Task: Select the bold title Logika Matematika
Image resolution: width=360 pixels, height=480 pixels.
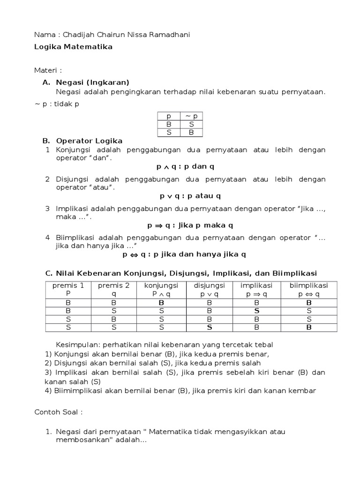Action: (x=74, y=47)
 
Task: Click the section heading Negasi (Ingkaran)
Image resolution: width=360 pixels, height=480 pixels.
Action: (x=92, y=82)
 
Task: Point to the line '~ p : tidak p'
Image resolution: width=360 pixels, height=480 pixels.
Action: (x=57, y=104)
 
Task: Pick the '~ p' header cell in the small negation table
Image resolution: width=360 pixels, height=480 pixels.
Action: (x=192, y=116)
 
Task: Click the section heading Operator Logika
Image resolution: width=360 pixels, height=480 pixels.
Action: (x=89, y=141)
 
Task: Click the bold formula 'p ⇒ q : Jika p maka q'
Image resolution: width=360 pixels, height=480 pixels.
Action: (x=190, y=225)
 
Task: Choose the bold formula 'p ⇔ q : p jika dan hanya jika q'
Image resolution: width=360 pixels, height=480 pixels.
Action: (x=184, y=255)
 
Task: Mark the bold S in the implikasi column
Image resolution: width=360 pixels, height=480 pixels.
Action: (x=257, y=310)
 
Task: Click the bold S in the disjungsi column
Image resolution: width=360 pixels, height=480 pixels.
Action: (x=209, y=327)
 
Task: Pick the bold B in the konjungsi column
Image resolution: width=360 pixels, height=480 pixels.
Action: (x=161, y=302)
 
